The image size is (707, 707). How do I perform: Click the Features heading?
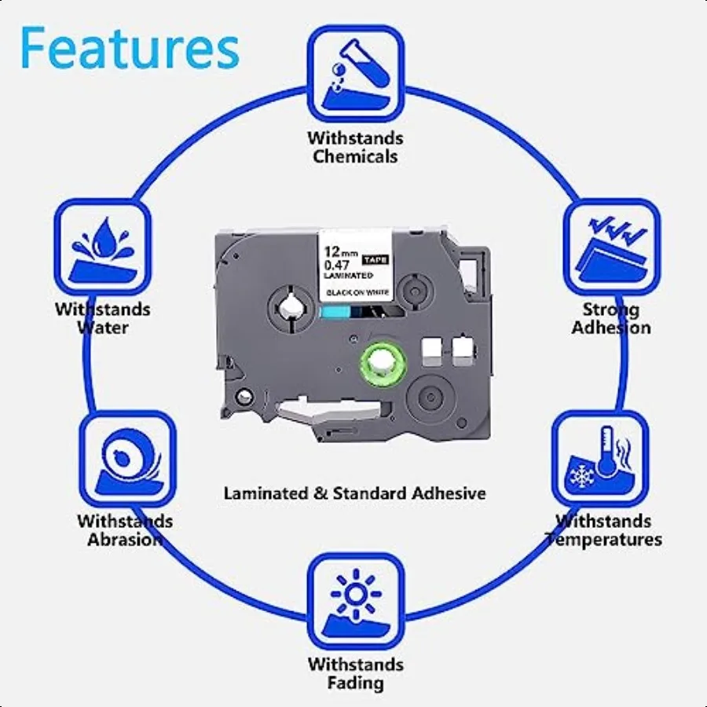[130, 49]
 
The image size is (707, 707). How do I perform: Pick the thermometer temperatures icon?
[600, 458]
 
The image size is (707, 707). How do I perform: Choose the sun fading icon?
[355, 601]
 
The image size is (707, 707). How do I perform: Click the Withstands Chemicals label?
[355, 147]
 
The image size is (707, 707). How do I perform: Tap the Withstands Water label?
[103, 317]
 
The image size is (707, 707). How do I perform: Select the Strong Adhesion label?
[611, 318]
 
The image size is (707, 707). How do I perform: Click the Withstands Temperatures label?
[603, 530]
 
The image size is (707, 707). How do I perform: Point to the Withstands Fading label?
[355, 673]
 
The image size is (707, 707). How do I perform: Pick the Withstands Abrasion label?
[125, 530]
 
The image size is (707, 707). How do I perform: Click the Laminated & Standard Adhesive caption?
[355, 493]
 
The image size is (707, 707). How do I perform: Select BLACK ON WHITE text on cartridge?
[355, 293]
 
